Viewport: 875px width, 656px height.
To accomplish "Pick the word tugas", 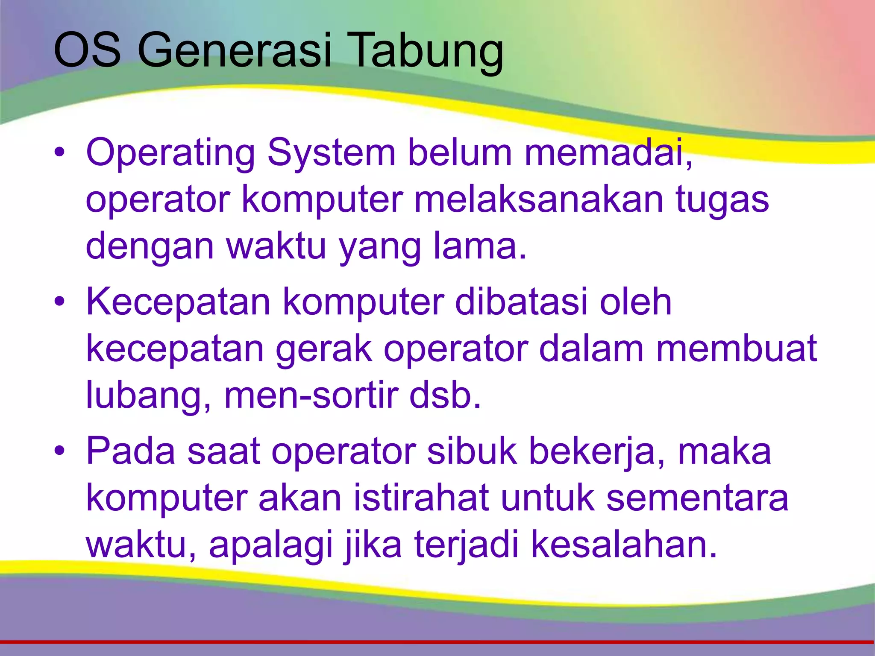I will point(722,201).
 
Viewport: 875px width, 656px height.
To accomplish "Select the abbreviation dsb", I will point(445,395).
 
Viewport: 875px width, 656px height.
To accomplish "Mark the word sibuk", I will point(472,451).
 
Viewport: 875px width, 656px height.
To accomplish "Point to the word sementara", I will point(697,498).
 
